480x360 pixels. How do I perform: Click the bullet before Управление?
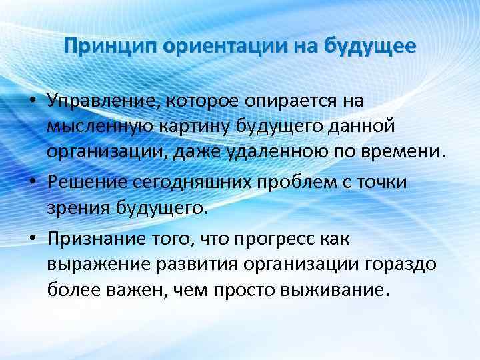click(x=33, y=100)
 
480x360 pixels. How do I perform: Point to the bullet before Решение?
click(x=33, y=182)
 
